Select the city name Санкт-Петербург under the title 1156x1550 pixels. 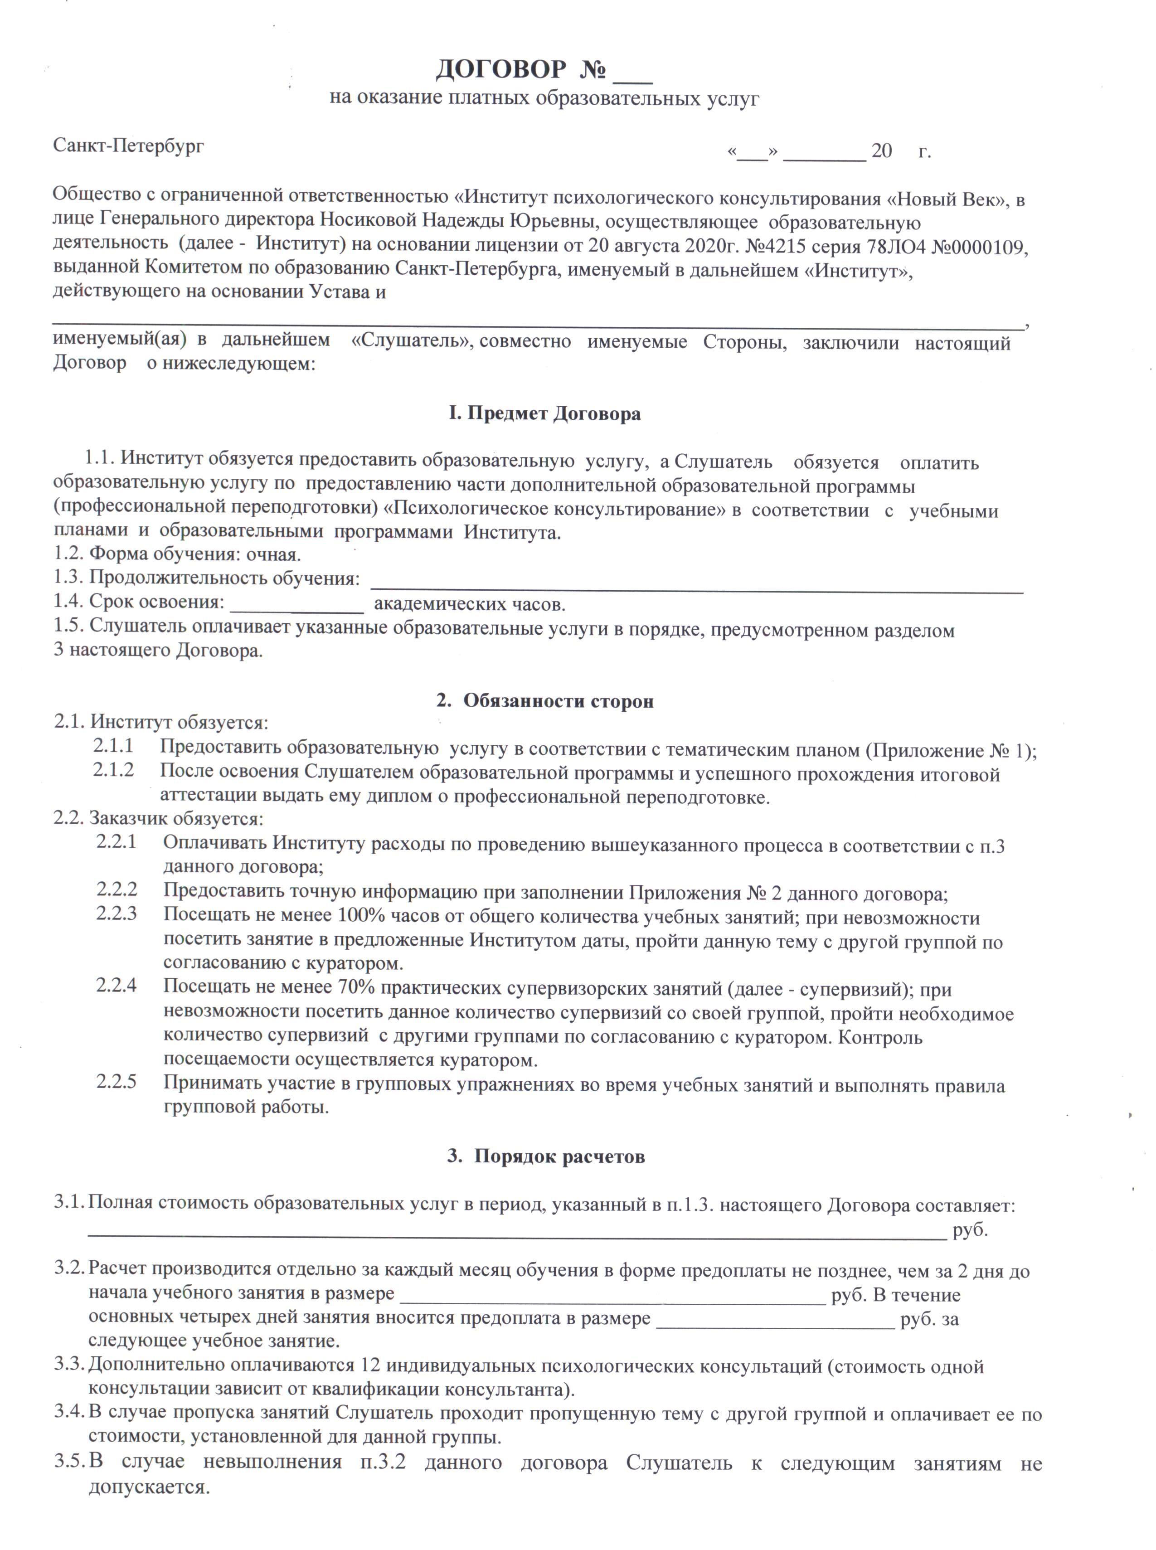[129, 146]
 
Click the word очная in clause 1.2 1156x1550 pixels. [273, 555]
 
